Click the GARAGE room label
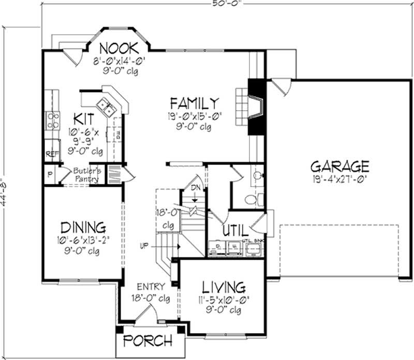(x=339, y=167)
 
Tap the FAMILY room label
(x=195, y=102)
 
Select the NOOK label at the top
(x=119, y=48)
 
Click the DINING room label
(x=83, y=227)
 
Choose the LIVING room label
(x=223, y=287)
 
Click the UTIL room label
(x=233, y=230)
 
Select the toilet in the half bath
(x=250, y=199)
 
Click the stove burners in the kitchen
(x=52, y=121)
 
